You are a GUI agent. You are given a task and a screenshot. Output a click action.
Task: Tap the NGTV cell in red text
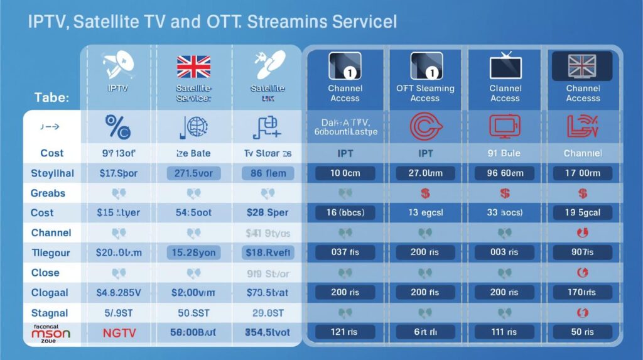pyautogui.click(x=118, y=333)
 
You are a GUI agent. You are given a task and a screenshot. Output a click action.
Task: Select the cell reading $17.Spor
pyautogui.click(x=118, y=173)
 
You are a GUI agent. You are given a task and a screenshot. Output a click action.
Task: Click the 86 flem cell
pyautogui.click(x=268, y=173)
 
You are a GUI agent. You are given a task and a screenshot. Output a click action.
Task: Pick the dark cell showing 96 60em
pyautogui.click(x=505, y=173)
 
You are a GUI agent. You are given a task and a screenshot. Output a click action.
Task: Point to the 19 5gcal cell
pyautogui.click(x=583, y=212)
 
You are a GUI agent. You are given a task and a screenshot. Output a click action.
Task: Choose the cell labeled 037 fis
pyautogui.click(x=345, y=253)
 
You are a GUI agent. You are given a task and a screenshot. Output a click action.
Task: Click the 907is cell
pyautogui.click(x=583, y=253)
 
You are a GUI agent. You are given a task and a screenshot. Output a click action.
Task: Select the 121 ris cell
pyautogui.click(x=345, y=333)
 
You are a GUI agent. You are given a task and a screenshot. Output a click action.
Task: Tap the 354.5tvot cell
pyautogui.click(x=268, y=333)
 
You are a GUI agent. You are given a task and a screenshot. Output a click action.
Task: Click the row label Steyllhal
pyautogui.click(x=52, y=173)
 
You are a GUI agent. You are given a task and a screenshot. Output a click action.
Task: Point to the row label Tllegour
pyautogui.click(x=51, y=253)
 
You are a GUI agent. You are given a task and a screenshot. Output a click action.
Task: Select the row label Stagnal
pyautogui.click(x=49, y=313)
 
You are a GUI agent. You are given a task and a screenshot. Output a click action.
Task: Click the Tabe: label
pyautogui.click(x=51, y=98)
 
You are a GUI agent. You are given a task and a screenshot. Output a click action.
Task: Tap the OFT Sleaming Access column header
pyautogui.click(x=425, y=93)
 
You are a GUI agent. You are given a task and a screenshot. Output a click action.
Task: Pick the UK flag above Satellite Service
pyautogui.click(x=193, y=66)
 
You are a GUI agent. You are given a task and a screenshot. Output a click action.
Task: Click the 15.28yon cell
pyautogui.click(x=193, y=253)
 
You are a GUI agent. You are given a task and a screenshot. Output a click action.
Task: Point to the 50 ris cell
pyautogui.click(x=583, y=333)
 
